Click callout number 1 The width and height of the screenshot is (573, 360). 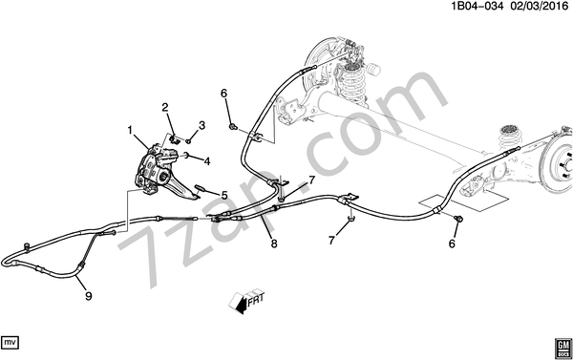click(130, 130)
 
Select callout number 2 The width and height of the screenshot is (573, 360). click(165, 108)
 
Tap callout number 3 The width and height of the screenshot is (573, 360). click(202, 126)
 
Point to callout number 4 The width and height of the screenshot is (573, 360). click(207, 161)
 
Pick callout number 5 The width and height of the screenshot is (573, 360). click(224, 195)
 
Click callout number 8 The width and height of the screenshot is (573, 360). click(274, 244)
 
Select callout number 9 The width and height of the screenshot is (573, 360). click(89, 296)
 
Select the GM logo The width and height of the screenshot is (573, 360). click(563, 348)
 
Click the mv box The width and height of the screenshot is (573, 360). click(10, 343)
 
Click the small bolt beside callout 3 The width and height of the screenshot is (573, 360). click(189, 141)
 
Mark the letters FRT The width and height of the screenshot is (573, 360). click(255, 298)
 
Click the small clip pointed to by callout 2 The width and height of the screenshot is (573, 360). click(174, 139)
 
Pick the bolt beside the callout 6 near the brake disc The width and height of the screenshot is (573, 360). click(458, 219)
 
